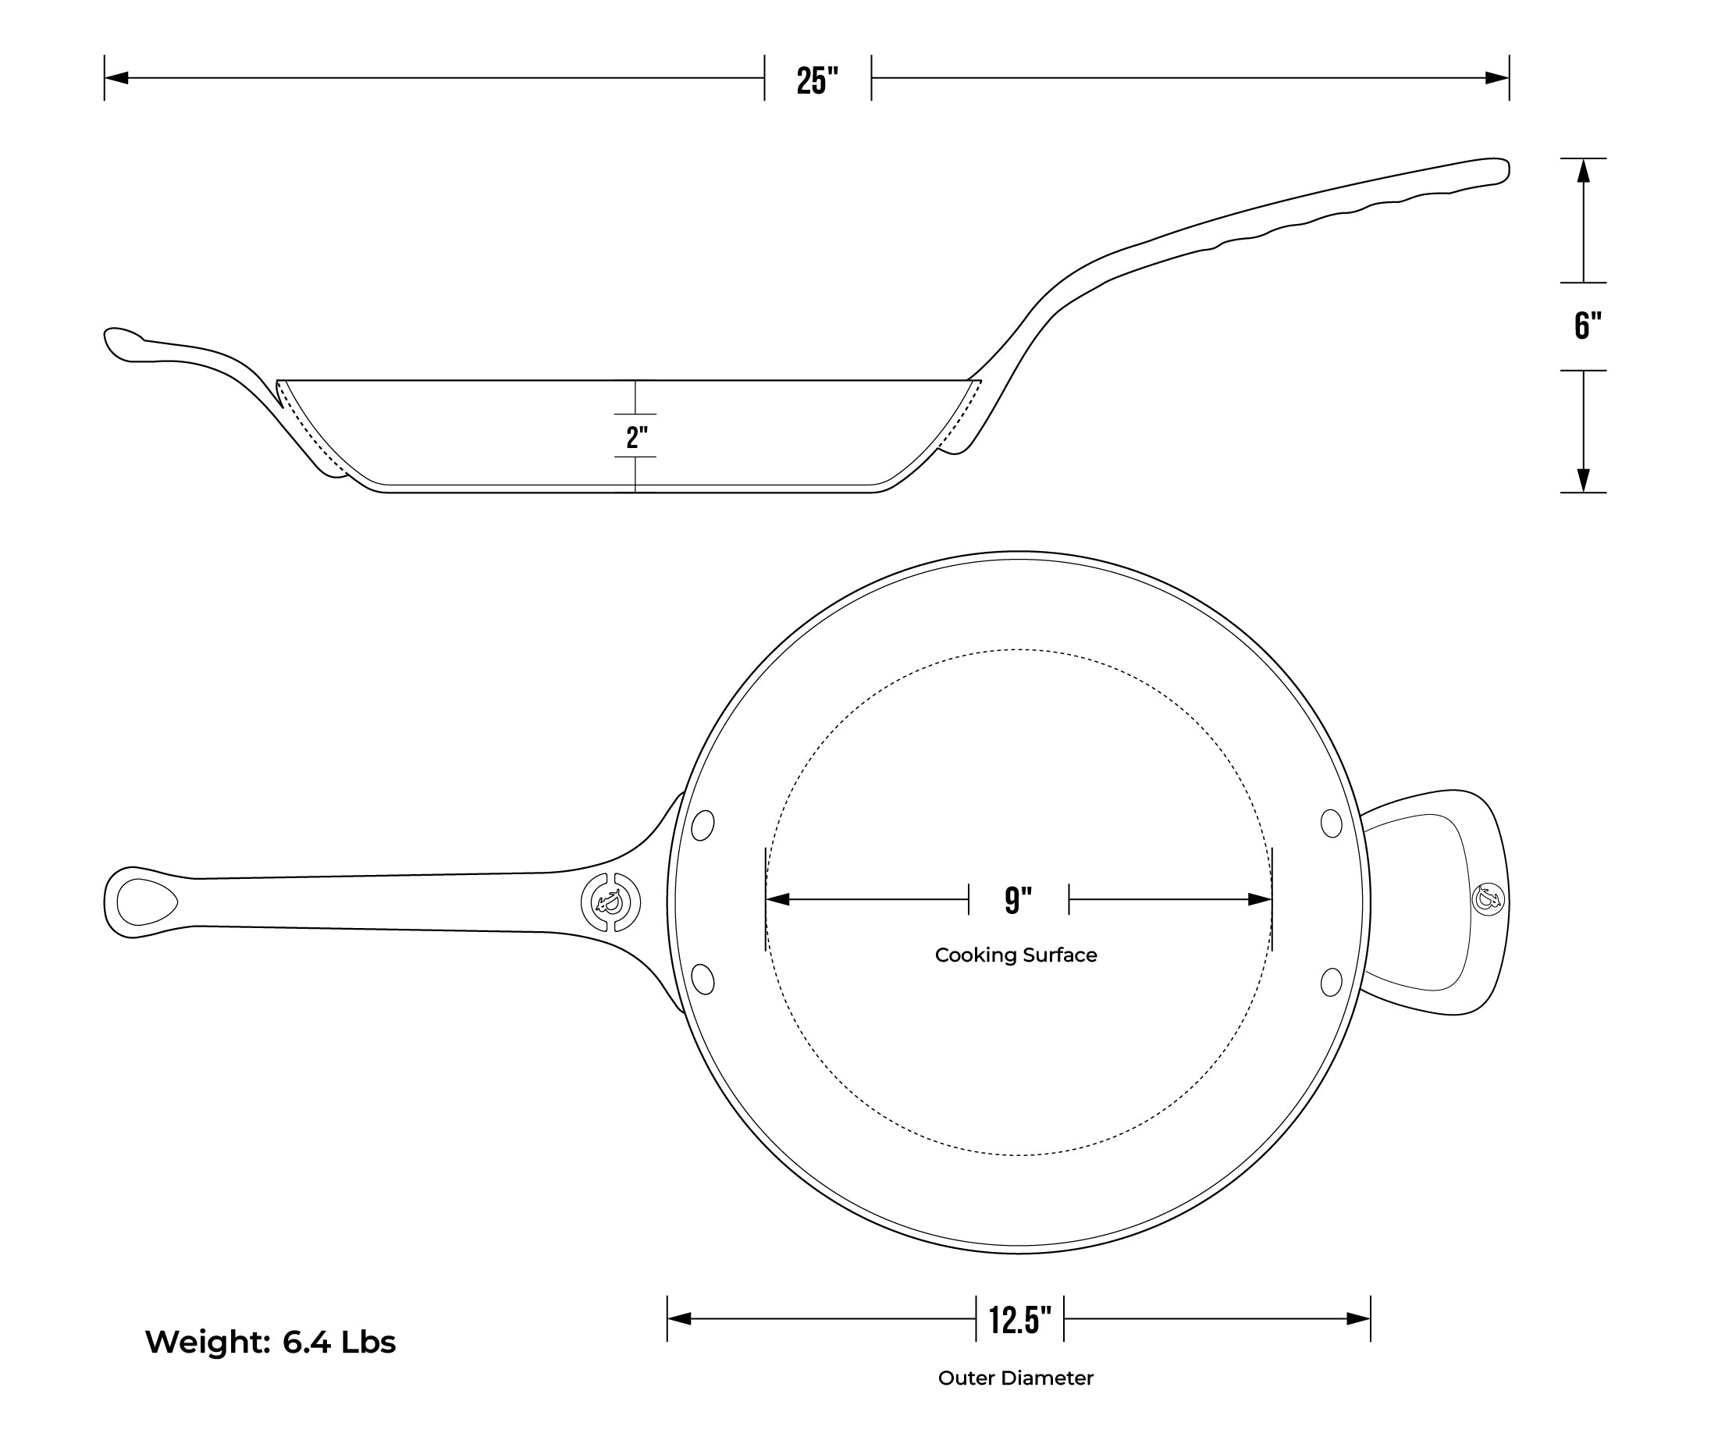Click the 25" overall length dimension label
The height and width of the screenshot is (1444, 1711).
tap(818, 80)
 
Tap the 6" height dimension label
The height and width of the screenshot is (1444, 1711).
tap(1588, 325)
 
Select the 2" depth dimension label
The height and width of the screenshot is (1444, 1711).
tap(637, 437)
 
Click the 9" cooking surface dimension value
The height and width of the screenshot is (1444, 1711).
tap(1019, 901)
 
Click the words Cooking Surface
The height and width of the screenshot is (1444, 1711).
tap(1016, 955)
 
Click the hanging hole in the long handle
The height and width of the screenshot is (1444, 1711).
tap(147, 902)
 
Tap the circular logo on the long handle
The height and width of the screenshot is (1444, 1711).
tap(610, 903)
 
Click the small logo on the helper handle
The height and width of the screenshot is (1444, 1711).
tap(1489, 899)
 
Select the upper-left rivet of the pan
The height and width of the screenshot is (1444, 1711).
tap(703, 825)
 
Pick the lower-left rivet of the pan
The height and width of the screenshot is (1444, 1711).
tap(703, 979)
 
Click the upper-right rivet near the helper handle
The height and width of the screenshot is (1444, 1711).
tap(1332, 823)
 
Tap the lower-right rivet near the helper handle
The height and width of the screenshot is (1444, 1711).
tap(1332, 981)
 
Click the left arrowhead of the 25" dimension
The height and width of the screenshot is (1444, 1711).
tap(116, 79)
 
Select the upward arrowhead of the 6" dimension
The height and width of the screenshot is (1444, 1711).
tap(1583, 170)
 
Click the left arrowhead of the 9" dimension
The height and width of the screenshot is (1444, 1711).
tap(777, 900)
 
